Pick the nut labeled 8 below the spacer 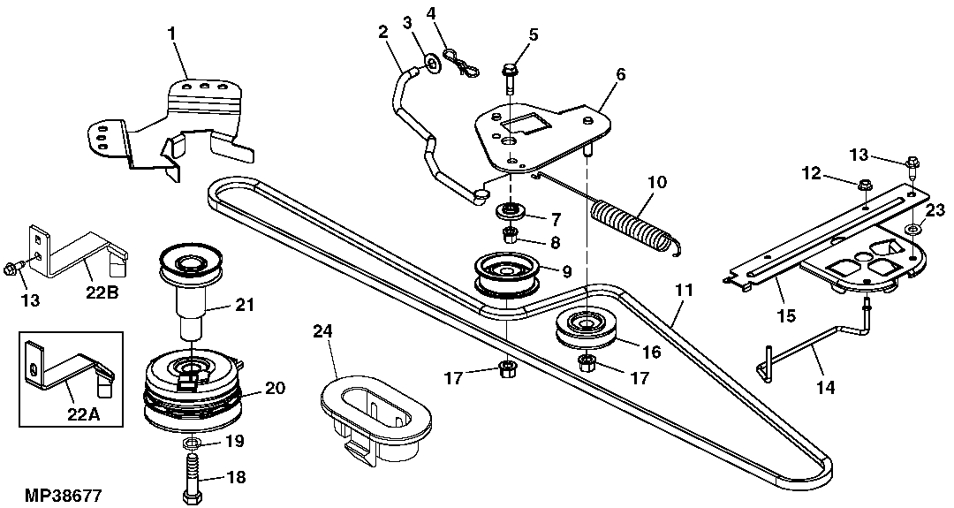pyautogui.click(x=510, y=235)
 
